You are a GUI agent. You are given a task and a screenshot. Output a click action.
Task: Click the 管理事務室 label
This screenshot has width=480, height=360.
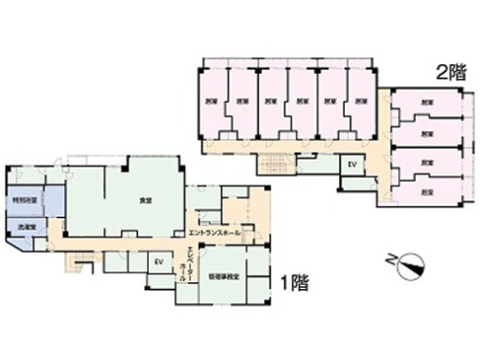tap(223, 276)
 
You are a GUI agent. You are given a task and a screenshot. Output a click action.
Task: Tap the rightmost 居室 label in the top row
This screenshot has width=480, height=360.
tap(361, 101)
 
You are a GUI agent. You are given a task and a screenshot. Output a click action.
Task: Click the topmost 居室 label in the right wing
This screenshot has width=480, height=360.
tap(426, 102)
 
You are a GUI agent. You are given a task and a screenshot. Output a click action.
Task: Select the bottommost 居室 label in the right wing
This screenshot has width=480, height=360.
tap(426, 192)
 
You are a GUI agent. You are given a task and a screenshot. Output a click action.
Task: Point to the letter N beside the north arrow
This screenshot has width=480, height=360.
tap(391, 260)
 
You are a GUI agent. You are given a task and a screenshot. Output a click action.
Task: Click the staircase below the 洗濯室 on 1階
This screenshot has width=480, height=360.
tap(83, 260)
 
